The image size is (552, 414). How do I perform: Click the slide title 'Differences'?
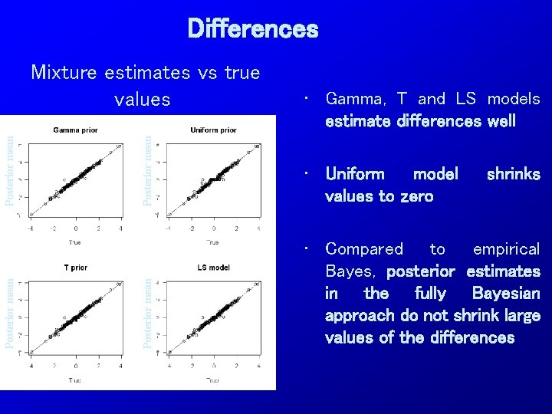(x=252, y=29)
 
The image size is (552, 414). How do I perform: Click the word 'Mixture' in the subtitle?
(x=64, y=73)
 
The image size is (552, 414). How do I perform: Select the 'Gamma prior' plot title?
(x=75, y=130)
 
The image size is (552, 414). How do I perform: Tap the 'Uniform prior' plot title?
(x=213, y=130)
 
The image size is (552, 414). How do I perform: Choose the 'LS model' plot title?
(x=213, y=268)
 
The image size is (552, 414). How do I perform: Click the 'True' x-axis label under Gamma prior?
(x=75, y=242)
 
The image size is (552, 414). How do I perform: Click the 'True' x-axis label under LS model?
(x=213, y=380)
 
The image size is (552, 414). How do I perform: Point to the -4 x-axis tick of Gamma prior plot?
(x=31, y=228)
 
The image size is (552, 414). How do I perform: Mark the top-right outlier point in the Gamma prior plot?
(x=117, y=146)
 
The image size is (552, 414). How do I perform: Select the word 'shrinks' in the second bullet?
(x=513, y=174)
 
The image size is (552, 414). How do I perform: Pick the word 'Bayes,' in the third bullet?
(x=352, y=271)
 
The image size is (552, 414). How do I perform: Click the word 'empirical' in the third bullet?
(x=506, y=249)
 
